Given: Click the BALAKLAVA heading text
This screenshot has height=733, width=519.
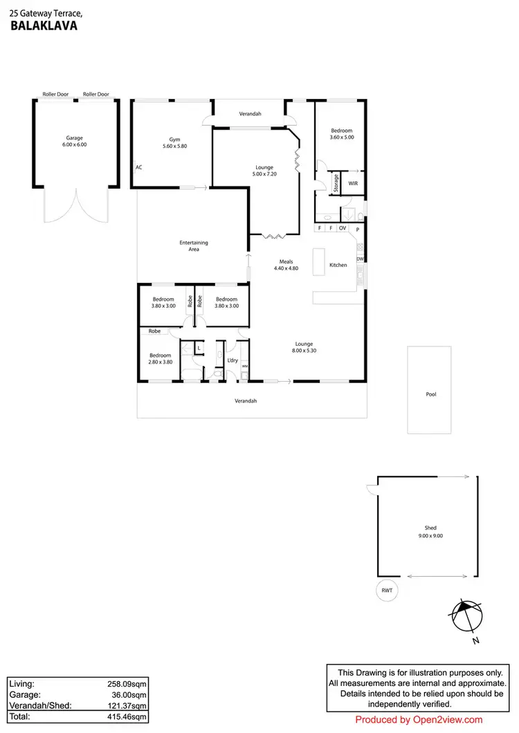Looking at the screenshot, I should coord(44,26).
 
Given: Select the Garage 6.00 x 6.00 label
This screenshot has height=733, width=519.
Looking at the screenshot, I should coord(75,142).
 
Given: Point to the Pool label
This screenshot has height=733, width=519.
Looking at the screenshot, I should coord(431,394).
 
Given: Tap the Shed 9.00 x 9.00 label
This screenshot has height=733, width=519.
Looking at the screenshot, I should coord(431,531).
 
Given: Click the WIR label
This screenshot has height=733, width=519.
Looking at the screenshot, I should coord(353,183).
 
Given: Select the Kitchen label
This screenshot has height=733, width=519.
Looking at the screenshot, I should coord(338,265).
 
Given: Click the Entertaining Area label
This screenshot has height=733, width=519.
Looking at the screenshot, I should coord(194,245).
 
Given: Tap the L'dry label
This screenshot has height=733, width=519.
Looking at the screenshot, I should coord(233,361).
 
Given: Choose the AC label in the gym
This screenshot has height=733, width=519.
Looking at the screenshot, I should coord(138,167).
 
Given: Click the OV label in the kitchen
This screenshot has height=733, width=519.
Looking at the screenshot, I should coord(342,228).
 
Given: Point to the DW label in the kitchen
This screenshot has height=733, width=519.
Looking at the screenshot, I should coord(360,259).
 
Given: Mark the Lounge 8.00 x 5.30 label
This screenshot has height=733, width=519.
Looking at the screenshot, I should coord(304,347).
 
